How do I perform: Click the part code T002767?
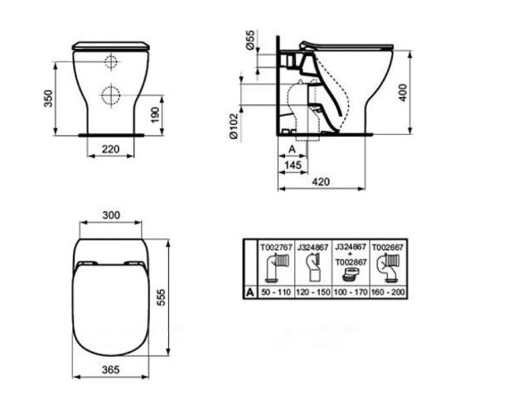(x=274, y=246)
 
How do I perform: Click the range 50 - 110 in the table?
(x=275, y=292)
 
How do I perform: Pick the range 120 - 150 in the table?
(x=312, y=292)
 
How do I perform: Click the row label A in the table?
(x=249, y=292)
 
